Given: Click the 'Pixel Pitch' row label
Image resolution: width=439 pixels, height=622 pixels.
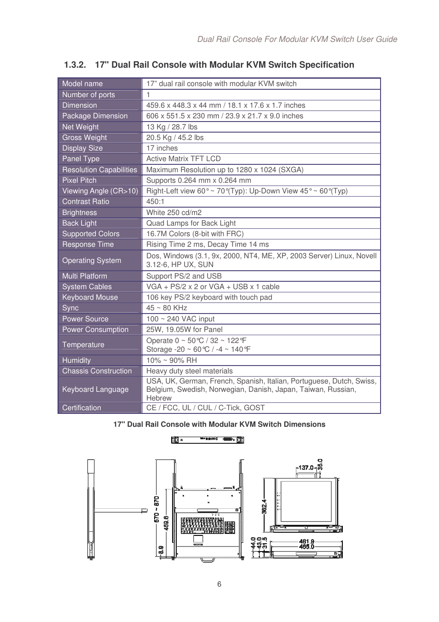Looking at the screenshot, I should [79, 180].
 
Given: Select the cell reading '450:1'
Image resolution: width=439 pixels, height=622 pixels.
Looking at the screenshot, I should [155, 202].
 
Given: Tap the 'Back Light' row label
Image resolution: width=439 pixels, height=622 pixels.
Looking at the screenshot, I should [79, 223].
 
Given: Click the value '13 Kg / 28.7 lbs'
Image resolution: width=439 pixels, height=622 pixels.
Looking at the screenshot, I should [172, 127].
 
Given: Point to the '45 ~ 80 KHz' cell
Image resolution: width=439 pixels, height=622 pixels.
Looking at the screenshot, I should [167, 308].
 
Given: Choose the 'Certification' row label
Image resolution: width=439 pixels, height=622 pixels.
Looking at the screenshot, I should [81, 408].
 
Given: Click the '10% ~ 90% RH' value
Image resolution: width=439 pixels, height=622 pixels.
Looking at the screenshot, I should [171, 360].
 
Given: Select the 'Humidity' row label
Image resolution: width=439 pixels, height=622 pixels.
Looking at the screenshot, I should [76, 360].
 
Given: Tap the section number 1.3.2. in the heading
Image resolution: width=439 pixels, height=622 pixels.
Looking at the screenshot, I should [75, 65].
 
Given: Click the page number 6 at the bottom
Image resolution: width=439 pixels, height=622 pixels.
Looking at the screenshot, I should [219, 584].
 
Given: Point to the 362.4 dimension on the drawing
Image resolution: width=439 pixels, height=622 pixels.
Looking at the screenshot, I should [264, 506].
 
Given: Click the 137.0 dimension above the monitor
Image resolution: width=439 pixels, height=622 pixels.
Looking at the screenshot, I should [306, 468].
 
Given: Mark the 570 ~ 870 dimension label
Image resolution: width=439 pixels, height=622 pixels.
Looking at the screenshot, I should [156, 509].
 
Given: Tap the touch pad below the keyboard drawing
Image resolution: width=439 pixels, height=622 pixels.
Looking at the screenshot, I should [198, 539].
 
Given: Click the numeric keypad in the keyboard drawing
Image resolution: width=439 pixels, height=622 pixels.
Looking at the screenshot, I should [230, 527].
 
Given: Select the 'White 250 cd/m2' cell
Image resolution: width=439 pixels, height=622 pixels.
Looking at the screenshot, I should [173, 213].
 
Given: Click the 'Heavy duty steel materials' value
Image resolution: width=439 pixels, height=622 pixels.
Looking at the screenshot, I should [189, 371].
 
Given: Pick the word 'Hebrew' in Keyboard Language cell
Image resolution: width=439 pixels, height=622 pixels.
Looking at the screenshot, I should [159, 398].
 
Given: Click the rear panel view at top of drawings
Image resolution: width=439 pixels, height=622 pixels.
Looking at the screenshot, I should [207, 440].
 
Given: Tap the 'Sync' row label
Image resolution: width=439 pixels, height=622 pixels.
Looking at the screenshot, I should [70, 308].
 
